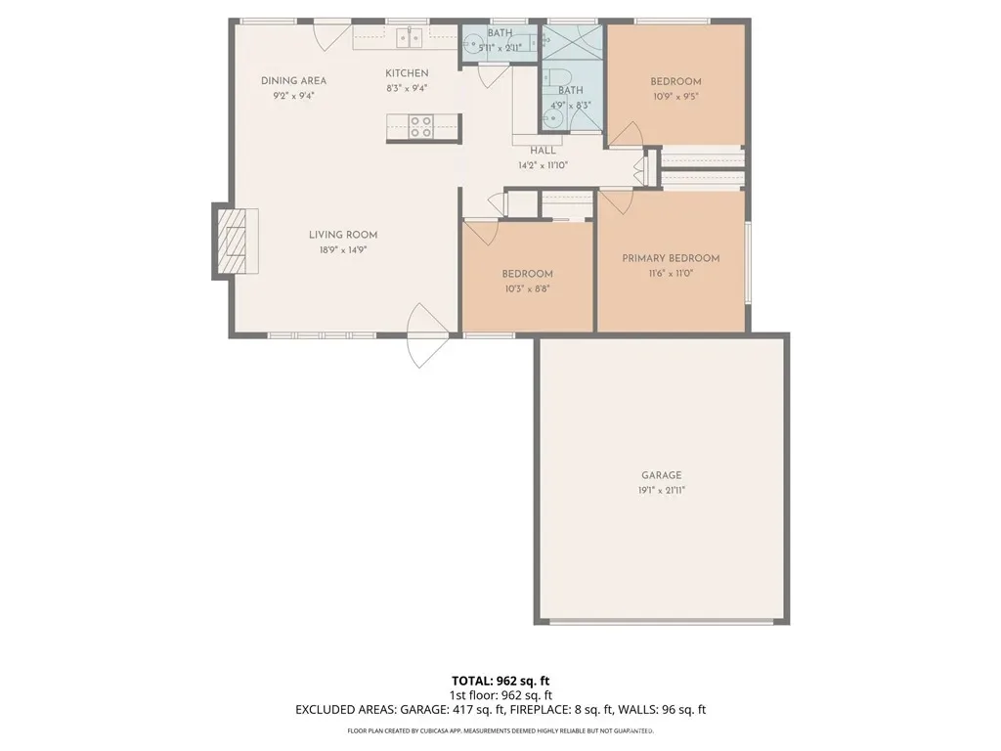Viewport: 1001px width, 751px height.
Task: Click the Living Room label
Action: (343, 235)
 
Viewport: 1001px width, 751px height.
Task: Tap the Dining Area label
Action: (293, 81)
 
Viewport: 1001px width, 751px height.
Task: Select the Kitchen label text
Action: (407, 73)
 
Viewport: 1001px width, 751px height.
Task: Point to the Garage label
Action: (662, 475)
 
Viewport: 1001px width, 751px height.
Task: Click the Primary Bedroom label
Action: (671, 258)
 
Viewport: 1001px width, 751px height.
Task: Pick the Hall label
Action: (543, 151)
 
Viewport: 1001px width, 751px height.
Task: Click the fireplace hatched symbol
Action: (232, 242)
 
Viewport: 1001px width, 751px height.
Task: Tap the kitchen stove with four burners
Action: (421, 126)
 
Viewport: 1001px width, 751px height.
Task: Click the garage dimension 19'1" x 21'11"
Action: (662, 491)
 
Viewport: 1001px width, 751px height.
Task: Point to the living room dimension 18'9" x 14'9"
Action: (343, 250)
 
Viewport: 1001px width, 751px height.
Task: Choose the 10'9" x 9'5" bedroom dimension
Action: (675, 97)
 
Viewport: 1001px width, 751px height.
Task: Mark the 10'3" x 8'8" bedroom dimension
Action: (527, 288)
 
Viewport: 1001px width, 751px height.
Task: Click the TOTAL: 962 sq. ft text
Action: (500, 681)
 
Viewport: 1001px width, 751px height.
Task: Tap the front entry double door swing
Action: (428, 335)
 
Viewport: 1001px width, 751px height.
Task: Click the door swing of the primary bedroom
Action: (617, 201)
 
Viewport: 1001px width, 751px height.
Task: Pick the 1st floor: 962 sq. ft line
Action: (500, 695)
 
